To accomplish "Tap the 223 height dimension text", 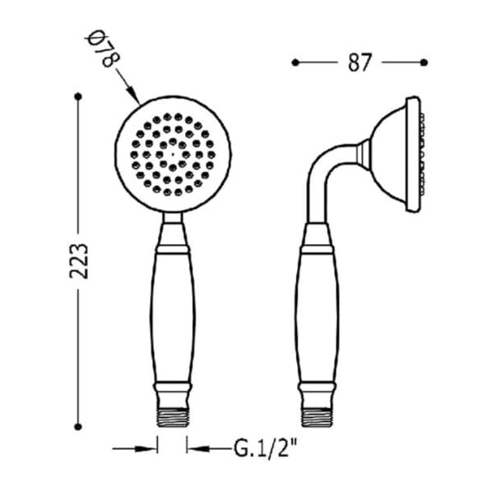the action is tap(79, 261).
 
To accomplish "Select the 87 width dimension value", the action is tap(359, 63).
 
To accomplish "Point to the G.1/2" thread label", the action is tap(265, 449).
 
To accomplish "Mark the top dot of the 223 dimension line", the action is tap(78, 96).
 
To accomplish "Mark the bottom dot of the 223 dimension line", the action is tap(78, 427).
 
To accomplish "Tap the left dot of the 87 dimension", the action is tap(295, 63).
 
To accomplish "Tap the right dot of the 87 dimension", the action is tap(424, 63).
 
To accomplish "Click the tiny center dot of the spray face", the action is tap(173, 155).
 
